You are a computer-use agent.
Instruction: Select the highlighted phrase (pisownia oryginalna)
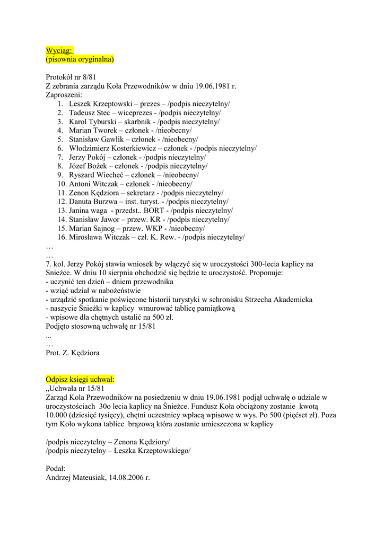click(x=80, y=59)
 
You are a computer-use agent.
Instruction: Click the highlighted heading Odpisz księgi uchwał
click(x=80, y=380)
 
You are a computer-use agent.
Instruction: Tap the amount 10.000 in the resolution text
click(x=58, y=415)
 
